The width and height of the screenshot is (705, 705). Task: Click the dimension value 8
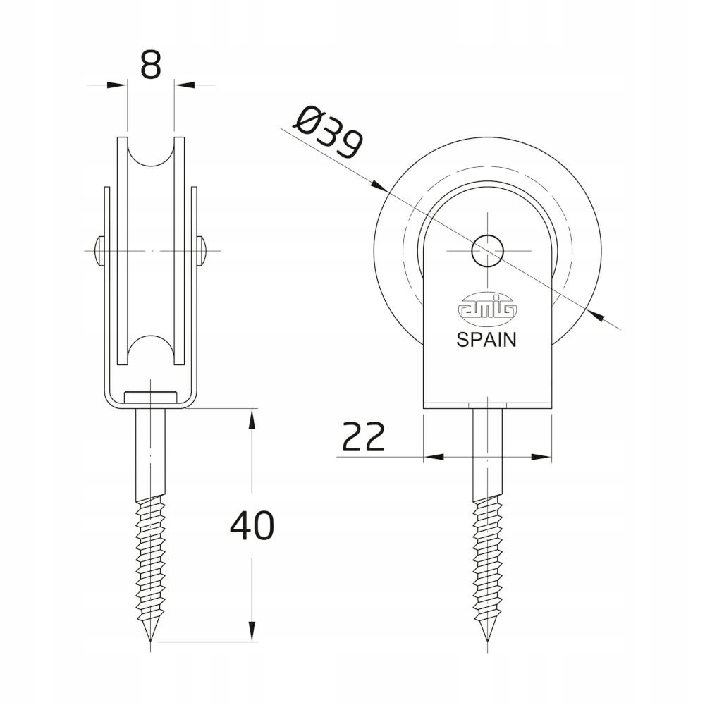pyautogui.click(x=151, y=65)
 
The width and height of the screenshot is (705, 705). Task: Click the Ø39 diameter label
pyautogui.click(x=329, y=132)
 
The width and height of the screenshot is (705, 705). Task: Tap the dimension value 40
pyautogui.click(x=252, y=525)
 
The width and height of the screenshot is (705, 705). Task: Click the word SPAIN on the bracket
pyautogui.click(x=486, y=340)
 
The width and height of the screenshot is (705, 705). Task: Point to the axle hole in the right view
pyautogui.click(x=487, y=251)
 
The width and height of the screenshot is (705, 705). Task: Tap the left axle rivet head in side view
pyautogui.click(x=98, y=249)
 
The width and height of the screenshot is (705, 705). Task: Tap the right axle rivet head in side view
pyautogui.click(x=204, y=249)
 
